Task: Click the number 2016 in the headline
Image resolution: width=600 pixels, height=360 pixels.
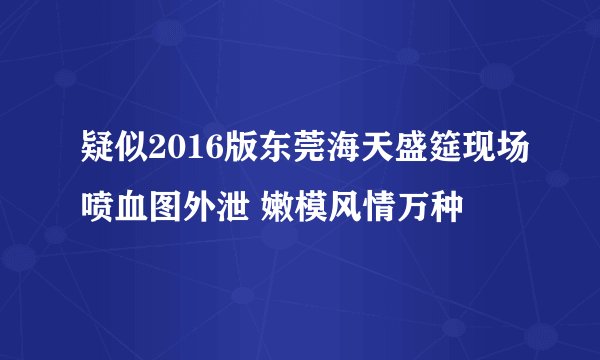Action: pyautogui.click(x=177, y=156)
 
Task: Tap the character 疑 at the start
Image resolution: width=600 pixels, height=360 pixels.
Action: pyautogui.click(x=86, y=156)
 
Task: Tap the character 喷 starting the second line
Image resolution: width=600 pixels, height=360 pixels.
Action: pyautogui.click(x=86, y=206)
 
